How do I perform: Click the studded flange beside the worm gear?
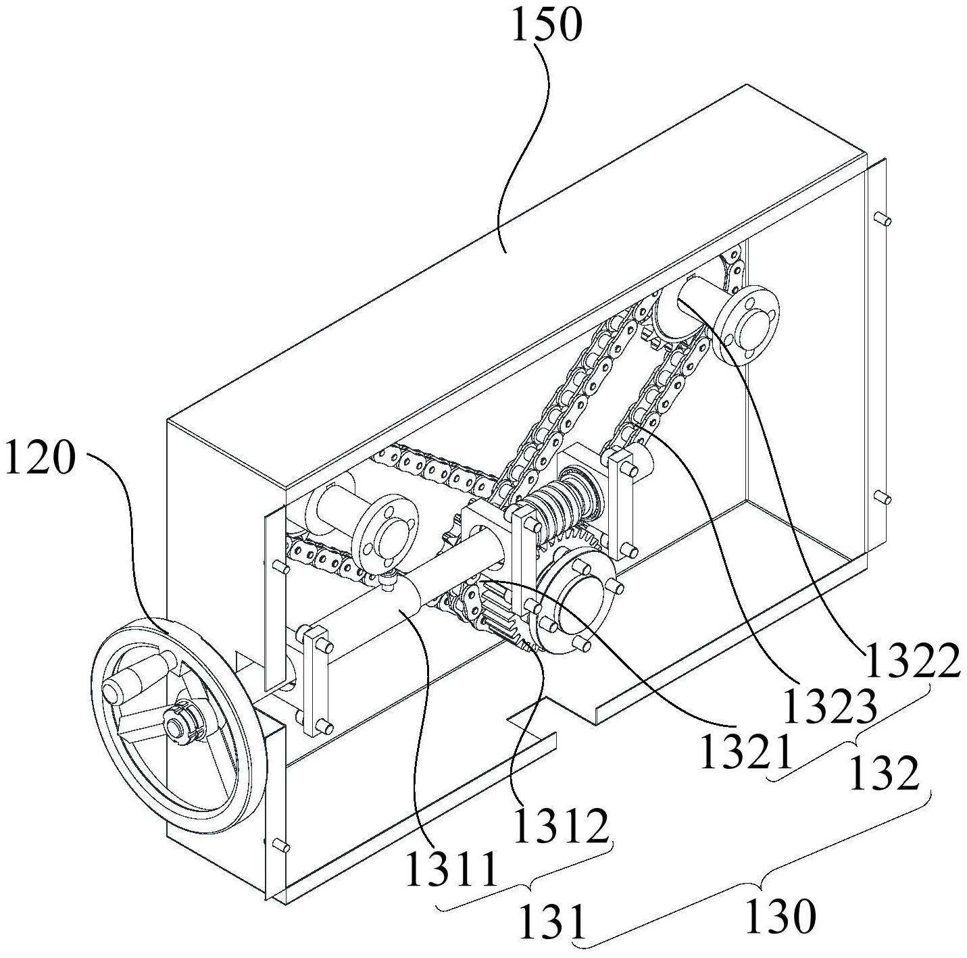point(576,601)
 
